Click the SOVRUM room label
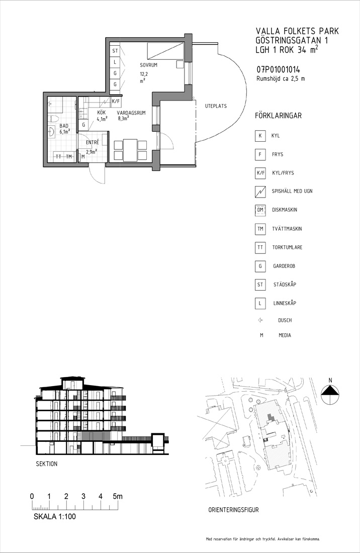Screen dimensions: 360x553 (148, 65)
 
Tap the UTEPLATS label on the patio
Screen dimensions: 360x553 (216, 106)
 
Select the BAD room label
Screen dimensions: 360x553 (64, 126)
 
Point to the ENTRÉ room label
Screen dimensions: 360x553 (93, 142)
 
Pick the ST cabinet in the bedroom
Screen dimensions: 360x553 (115, 51)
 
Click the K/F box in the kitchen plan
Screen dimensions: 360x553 (116, 102)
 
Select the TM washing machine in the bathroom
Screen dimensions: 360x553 (69, 156)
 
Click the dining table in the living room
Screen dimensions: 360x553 (130, 150)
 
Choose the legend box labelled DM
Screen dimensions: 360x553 (260, 210)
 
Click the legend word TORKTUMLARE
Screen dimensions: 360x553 (287, 247)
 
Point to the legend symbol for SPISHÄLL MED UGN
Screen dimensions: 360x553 (260, 191)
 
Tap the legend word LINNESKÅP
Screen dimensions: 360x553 (285, 303)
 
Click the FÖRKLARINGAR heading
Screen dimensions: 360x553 (278, 116)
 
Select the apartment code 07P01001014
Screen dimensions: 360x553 (278, 70)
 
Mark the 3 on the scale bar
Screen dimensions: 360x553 (83, 496)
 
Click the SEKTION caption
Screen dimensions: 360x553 (47, 464)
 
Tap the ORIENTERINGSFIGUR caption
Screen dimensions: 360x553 (233, 510)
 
